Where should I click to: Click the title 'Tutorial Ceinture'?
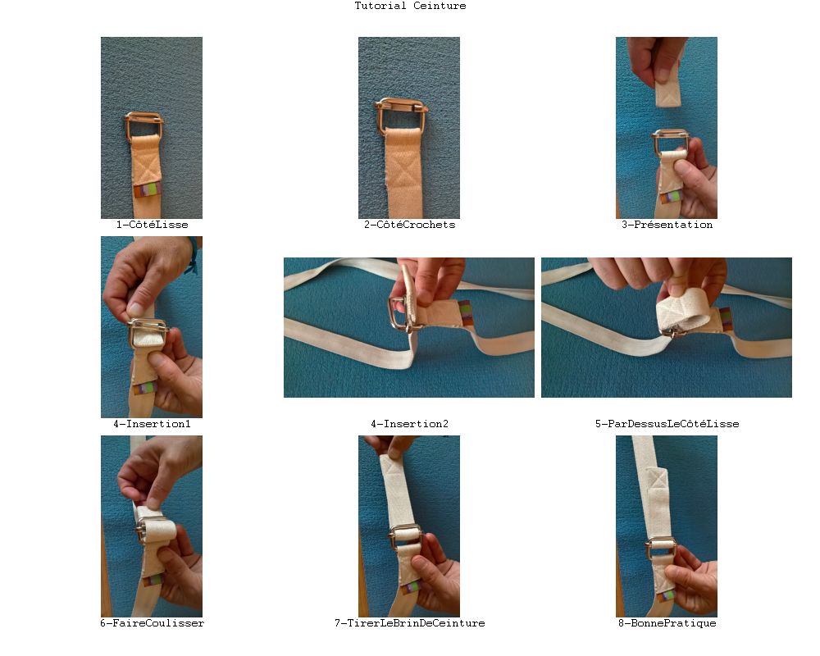410,6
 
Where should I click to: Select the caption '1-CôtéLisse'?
152,225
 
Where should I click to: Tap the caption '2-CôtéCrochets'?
409,225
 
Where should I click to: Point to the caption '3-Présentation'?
667,225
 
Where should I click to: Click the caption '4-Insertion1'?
152,424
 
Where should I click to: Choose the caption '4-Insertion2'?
409,424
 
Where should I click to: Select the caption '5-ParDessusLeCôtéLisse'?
667,424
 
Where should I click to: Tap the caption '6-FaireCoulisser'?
152,623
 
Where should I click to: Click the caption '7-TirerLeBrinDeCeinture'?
409,623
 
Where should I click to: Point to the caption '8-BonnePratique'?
667,623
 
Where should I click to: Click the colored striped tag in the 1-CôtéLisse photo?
148,190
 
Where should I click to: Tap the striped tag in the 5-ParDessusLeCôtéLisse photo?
726,319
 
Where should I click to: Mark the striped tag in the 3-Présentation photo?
672,198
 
